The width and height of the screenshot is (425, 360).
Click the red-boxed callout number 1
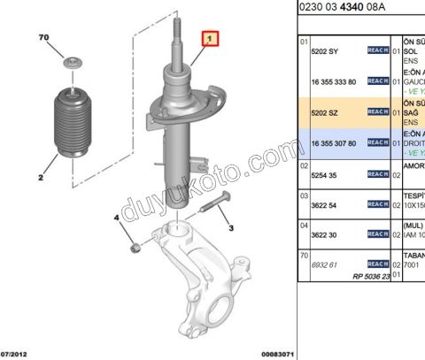[x=210, y=40]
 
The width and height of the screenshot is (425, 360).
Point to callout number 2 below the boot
[x=41, y=177]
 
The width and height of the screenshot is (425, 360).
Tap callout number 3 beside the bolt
[x=231, y=228]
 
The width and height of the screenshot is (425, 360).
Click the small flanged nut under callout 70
[x=71, y=65]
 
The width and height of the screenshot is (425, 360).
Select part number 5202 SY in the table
[x=327, y=50]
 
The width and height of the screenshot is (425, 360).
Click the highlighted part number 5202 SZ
[x=327, y=112]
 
